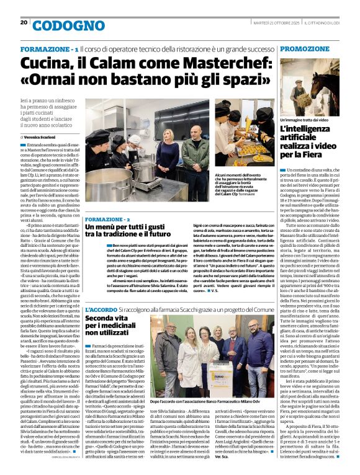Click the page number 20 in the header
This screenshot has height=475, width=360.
[x=24, y=22]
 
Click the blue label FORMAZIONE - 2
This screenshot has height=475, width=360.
[x=107, y=220]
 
